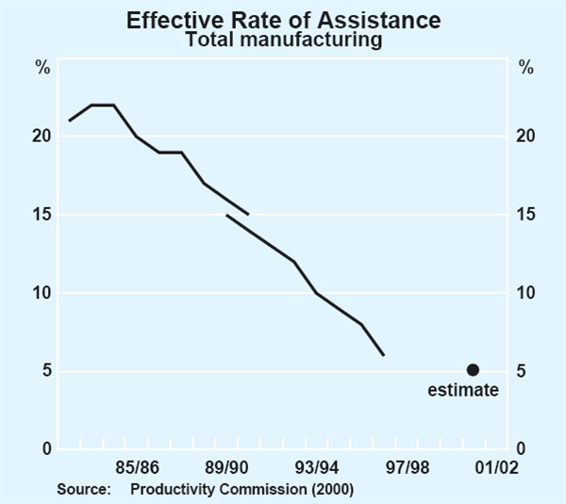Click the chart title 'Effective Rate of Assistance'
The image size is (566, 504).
283,19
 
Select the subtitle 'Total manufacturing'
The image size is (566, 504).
283,40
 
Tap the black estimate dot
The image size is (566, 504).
473,370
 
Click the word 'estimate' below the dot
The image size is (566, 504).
462,390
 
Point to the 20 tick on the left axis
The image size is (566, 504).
41,137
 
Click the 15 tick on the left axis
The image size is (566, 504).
41,215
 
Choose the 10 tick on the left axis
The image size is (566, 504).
41,293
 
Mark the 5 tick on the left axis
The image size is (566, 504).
44,371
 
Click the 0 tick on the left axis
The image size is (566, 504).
44,449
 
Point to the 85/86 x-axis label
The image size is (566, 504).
138,467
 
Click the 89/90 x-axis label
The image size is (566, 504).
227,467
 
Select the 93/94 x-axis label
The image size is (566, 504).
317,467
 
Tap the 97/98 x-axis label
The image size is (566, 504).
407,467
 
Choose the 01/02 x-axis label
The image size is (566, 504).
495,467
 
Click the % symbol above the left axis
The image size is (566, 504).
42,68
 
